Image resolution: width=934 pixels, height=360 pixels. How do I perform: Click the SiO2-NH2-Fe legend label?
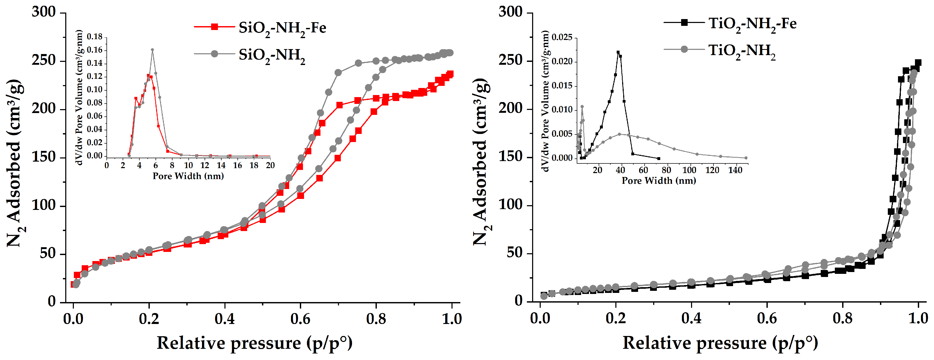point(282,28)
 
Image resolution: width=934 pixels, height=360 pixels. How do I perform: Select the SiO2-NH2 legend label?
point(272,55)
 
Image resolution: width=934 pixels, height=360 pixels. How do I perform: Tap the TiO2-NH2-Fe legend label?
point(752,24)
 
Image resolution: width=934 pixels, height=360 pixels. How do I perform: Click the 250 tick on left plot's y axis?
point(44,60)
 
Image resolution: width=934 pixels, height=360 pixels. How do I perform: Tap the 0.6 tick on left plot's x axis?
point(300,319)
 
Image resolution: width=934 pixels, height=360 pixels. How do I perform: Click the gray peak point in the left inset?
point(152,50)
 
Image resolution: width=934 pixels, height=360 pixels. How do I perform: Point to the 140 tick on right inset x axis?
point(735,170)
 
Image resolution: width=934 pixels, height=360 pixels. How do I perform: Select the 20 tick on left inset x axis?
point(270,165)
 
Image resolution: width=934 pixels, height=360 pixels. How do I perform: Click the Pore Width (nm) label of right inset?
point(659,181)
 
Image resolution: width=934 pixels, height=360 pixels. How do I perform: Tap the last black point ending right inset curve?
point(659,158)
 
